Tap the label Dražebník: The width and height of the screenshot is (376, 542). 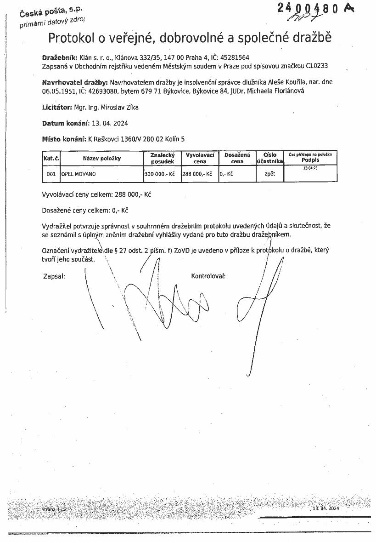[x=60, y=57]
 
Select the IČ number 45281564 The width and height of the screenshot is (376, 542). [x=235, y=57]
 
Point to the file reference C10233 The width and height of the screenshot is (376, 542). [x=317, y=66]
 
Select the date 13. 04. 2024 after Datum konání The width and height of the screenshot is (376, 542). [x=110, y=124]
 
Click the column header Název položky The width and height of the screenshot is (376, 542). [x=101, y=158]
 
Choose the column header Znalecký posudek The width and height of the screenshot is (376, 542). [x=162, y=158]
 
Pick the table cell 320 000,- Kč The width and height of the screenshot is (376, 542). [x=162, y=174]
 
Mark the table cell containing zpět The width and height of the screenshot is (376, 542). [x=270, y=174]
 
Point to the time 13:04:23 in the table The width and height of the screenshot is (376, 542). [x=310, y=169]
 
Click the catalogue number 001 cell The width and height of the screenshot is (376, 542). [x=51, y=174]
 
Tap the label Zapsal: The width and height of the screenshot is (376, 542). [x=54, y=276]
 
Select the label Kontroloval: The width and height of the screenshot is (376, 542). [x=208, y=276]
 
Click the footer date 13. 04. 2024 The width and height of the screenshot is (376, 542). [x=325, y=509]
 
